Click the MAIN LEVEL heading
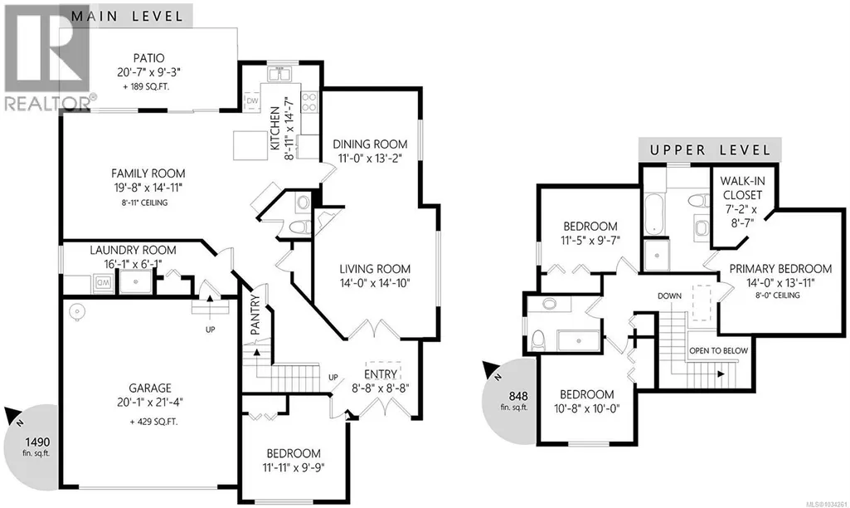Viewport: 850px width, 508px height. point(128,16)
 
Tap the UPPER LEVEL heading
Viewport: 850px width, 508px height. point(710,149)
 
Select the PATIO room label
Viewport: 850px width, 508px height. point(148,57)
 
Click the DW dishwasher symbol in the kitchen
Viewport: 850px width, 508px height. point(252,101)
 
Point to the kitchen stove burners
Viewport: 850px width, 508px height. point(309,102)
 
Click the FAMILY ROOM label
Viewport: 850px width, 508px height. point(148,173)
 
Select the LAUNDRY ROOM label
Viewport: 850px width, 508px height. point(133,250)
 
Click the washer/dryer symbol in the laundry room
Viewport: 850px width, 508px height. point(103,283)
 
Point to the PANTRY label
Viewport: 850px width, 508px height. point(255,315)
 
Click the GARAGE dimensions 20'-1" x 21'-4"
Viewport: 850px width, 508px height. point(149,402)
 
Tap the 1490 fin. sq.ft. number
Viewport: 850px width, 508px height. point(36,442)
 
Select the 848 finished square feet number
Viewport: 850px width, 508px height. point(518,396)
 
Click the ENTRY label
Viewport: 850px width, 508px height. point(381,374)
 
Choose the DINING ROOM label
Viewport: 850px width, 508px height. point(370,144)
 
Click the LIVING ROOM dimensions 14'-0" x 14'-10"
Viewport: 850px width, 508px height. point(375,283)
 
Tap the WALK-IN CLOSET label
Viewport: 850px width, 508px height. point(742,188)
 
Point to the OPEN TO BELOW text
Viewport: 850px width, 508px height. point(718,350)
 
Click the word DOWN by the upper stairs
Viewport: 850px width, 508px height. point(669,296)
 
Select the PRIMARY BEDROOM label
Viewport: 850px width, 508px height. point(780,269)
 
